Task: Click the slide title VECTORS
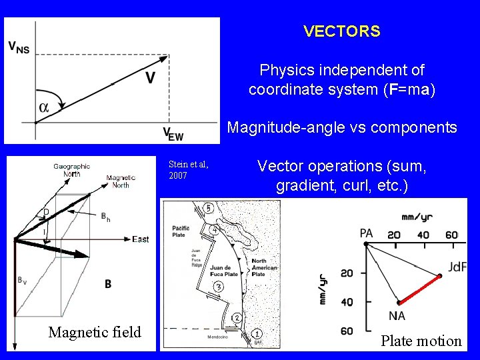coord(341,31)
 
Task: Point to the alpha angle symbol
coord(44,107)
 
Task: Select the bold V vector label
coord(151,78)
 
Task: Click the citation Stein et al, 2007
coord(188,169)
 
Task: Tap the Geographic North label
coord(72,170)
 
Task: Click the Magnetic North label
coord(121,181)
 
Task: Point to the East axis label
coord(141,239)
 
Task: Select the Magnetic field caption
coord(95,332)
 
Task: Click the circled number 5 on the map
coord(208,209)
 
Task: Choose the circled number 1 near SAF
coord(257,333)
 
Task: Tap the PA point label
coord(366,233)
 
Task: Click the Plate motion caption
coord(421,341)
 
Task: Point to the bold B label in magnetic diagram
coord(108,284)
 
